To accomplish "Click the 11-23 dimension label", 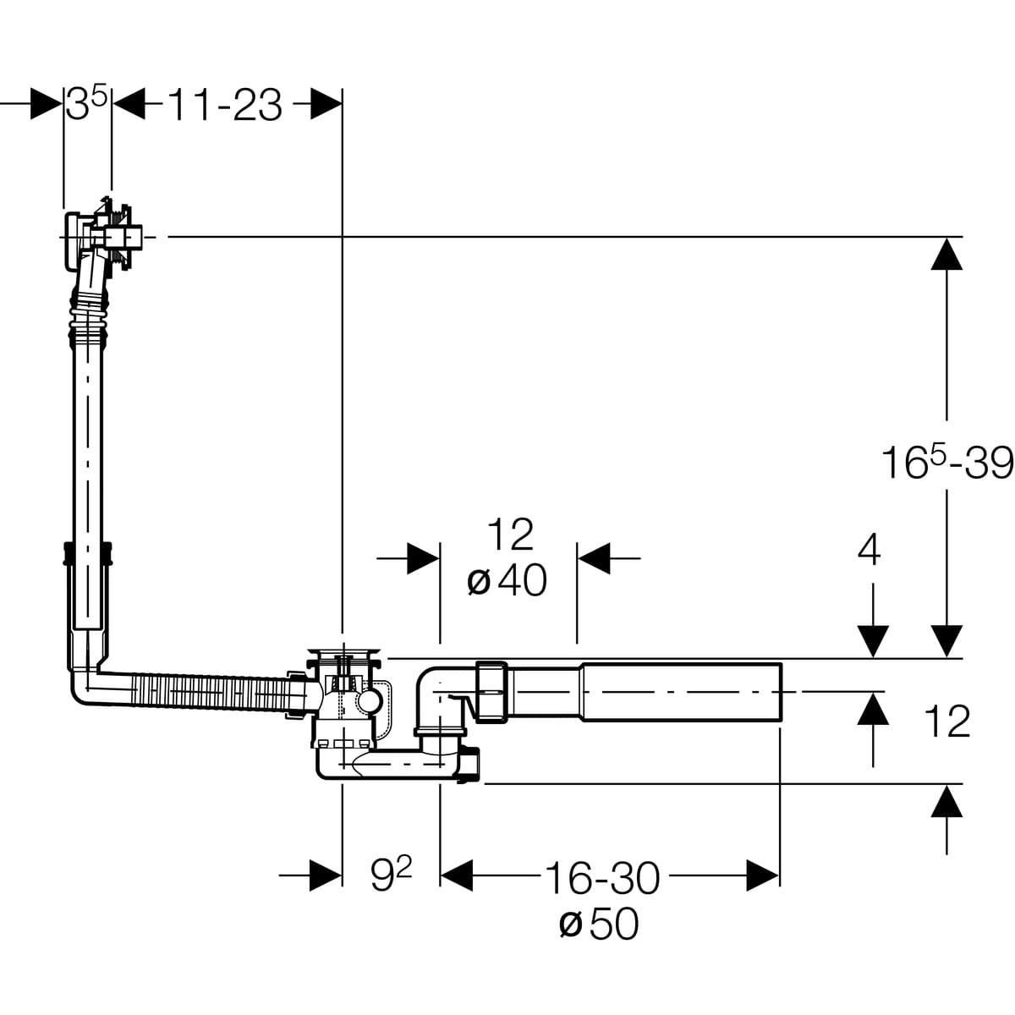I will (x=224, y=106).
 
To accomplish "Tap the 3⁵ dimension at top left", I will (x=87, y=105).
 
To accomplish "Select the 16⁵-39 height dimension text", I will (x=946, y=463).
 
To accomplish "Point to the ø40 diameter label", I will (x=507, y=580).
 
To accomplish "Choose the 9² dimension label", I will (x=391, y=877).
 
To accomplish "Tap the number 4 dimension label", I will (x=869, y=551).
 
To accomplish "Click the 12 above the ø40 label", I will (x=510, y=535).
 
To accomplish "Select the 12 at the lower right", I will (x=946, y=721).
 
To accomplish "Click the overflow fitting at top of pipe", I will (x=106, y=233).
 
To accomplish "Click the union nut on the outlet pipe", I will (x=491, y=692).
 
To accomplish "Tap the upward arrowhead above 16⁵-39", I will (x=946, y=254).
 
